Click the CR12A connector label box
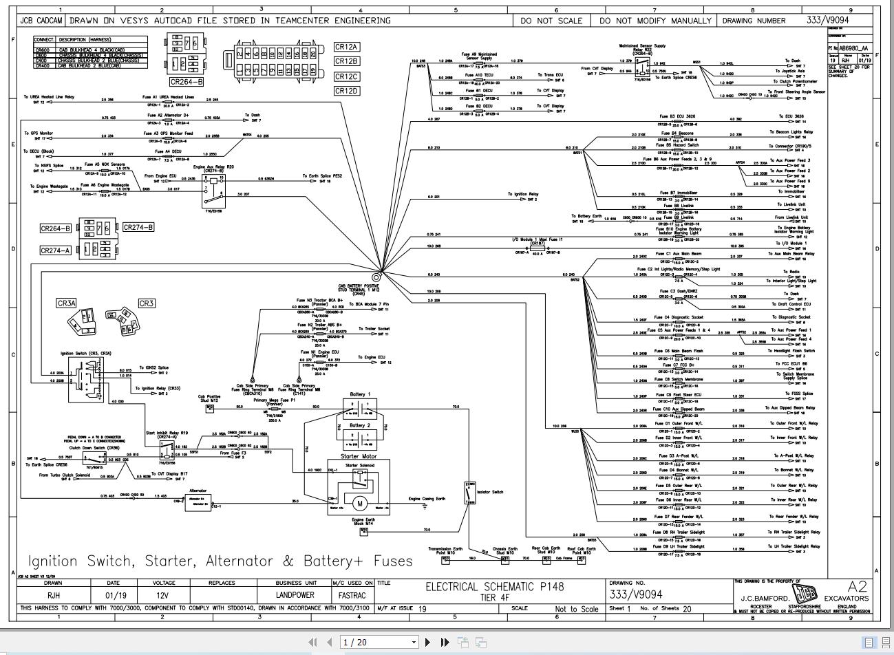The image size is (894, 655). (347, 47)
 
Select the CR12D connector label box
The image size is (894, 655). (347, 91)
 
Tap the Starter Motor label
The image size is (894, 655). (359, 455)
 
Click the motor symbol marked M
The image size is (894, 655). (360, 504)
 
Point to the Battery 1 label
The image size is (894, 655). (360, 394)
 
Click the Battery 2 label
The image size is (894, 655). (360, 425)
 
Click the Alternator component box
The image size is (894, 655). (198, 502)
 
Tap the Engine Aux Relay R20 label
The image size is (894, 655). (213, 167)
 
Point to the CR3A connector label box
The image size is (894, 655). (67, 303)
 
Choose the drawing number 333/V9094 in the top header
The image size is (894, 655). (828, 20)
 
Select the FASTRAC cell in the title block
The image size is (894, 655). (352, 595)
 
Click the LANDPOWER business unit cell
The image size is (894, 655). (295, 595)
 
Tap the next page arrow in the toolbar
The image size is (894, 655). (428, 642)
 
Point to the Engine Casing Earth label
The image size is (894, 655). (427, 499)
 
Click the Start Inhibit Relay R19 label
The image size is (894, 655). (167, 433)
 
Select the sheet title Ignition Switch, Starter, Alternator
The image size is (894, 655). (220, 561)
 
